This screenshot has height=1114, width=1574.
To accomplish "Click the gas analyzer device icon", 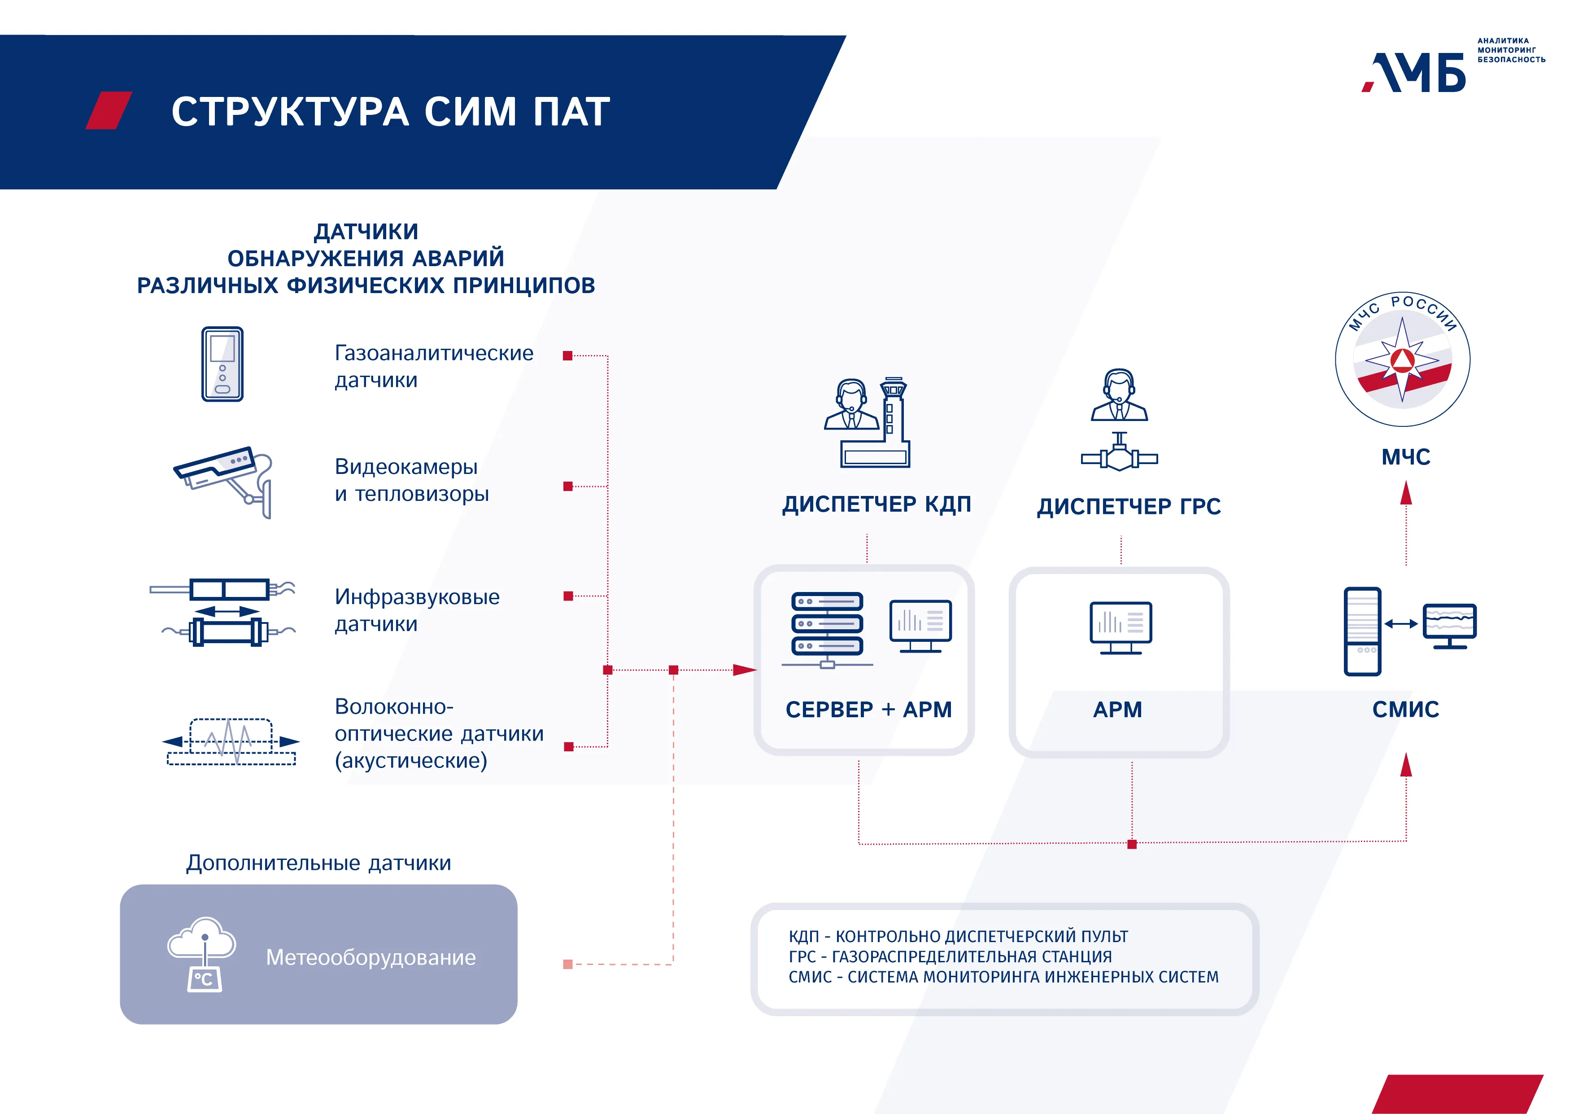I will click(222, 364).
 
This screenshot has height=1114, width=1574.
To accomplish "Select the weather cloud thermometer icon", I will click(203, 953).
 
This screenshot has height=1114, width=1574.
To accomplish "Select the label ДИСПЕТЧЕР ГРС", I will click(1129, 507).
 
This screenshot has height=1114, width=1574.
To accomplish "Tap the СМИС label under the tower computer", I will click(1405, 709).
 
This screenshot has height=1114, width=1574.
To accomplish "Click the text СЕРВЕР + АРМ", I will click(868, 709).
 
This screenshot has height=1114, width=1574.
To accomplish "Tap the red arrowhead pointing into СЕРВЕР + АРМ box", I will click(745, 670).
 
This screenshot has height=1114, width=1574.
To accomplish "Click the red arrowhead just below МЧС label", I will click(1406, 492).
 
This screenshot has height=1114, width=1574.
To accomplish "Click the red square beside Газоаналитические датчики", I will click(567, 355).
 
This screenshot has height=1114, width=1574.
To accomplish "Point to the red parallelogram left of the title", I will click(108, 110).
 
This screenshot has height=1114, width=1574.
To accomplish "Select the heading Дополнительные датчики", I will click(319, 863).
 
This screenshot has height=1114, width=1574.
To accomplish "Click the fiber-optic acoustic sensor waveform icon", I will click(231, 741).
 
